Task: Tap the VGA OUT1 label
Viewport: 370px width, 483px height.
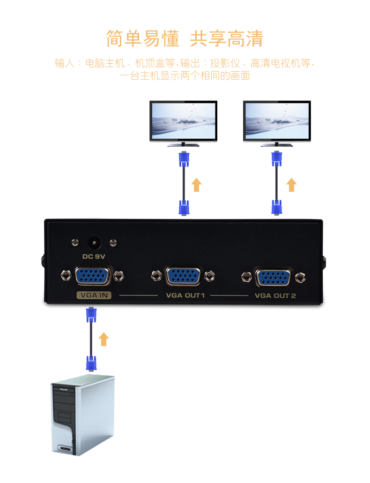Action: [x=185, y=295]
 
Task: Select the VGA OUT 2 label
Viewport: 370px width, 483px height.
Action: [x=275, y=296]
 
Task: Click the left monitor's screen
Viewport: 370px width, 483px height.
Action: [x=183, y=120]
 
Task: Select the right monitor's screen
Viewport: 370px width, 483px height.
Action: [x=277, y=120]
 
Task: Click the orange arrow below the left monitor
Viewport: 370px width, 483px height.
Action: [x=197, y=184]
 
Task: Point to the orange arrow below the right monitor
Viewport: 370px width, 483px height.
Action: [x=292, y=184]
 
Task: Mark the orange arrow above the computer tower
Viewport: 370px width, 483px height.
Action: [x=104, y=339]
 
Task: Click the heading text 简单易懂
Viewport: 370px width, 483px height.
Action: [x=142, y=38]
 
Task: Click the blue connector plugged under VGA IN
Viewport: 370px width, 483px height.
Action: [x=91, y=315]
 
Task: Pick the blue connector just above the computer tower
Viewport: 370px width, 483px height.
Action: [x=91, y=363]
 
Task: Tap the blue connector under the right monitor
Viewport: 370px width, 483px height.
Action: [x=277, y=159]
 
